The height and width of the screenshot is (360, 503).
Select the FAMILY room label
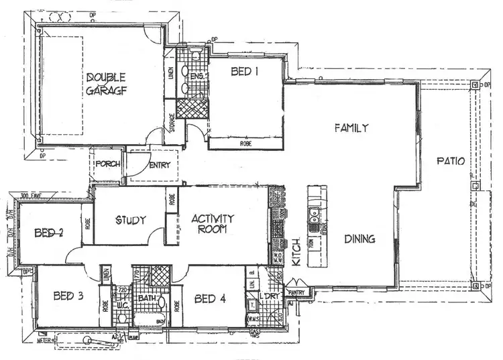point(351,127)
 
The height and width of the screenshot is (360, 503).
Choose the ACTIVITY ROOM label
point(212,223)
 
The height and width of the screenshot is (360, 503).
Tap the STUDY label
point(131,220)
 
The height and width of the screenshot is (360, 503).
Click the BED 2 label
point(48,233)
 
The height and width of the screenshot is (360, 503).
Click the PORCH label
point(107,164)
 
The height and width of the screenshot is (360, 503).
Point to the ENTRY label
point(160,166)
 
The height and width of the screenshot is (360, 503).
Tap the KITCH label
point(296,253)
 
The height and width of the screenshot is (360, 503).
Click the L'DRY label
point(270,296)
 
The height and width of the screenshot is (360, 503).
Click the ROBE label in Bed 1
point(245,143)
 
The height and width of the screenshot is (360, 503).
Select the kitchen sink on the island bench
point(313,216)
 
